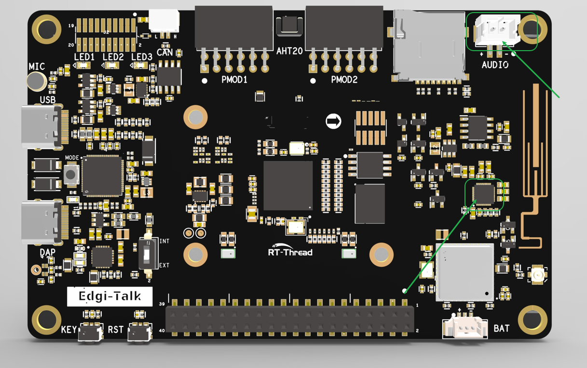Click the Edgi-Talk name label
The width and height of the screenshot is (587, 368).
[x=110, y=296]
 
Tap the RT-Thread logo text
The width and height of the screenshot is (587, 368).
[x=290, y=252]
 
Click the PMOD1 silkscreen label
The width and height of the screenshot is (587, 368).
[x=234, y=80]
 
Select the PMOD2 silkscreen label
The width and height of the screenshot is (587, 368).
[x=344, y=80]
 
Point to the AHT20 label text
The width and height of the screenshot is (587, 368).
[x=289, y=50]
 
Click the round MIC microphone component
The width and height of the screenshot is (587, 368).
[x=37, y=81]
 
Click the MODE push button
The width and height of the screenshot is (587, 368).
[x=72, y=174]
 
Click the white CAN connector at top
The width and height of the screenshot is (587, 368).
[x=164, y=22]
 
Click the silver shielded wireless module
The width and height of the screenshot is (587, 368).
[x=464, y=273]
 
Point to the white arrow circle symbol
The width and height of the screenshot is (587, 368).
[x=333, y=121]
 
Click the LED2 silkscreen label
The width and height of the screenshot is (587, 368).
[x=113, y=57]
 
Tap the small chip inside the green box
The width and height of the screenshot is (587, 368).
[x=484, y=194]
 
